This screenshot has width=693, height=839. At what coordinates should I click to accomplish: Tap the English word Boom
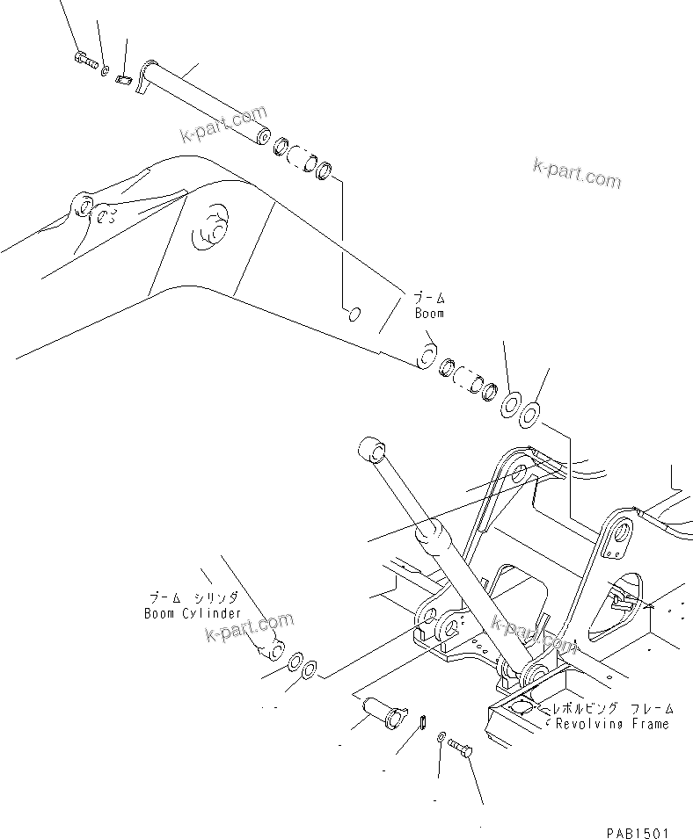[x=429, y=313]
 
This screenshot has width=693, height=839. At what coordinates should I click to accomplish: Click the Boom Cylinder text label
[x=193, y=613]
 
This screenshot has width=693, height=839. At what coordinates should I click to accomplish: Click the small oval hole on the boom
[x=351, y=312]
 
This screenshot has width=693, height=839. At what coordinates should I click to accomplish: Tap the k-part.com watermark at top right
[x=576, y=173]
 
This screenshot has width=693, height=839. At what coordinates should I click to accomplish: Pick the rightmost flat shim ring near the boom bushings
[x=529, y=413]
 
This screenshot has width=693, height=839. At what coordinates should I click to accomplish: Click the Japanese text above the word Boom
[x=428, y=299]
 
